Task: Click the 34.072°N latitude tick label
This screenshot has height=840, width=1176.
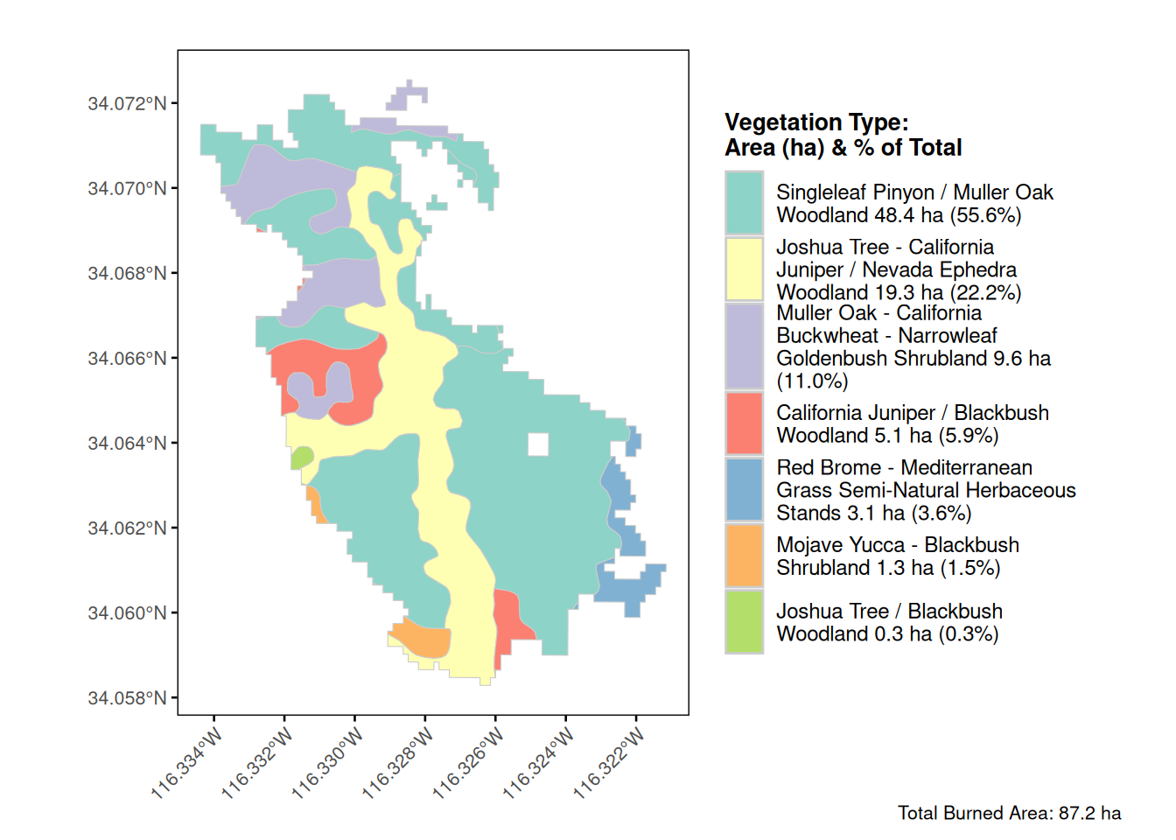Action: [x=127, y=103]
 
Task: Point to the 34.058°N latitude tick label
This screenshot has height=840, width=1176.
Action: [x=127, y=697]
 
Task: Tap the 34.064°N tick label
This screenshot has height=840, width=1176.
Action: [x=127, y=443]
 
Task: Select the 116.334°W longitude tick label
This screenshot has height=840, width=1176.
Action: [x=186, y=763]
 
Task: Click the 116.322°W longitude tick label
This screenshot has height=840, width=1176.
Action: [x=609, y=763]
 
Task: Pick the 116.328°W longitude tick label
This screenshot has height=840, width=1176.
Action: [x=397, y=763]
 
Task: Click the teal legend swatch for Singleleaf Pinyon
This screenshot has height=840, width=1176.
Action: [x=744, y=203]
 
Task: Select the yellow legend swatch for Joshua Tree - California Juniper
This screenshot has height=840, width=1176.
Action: [x=744, y=269]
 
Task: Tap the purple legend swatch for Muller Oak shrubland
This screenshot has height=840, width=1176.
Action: [x=744, y=346]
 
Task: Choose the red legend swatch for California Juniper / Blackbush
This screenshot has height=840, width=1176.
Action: [x=744, y=423]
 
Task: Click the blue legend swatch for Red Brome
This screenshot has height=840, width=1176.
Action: [x=744, y=490]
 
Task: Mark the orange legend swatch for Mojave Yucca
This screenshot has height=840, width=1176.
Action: [x=744, y=556]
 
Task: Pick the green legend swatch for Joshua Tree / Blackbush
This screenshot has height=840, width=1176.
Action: [x=744, y=622]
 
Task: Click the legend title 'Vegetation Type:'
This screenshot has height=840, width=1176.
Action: [x=816, y=122]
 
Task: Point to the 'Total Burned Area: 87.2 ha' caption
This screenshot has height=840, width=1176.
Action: [x=1009, y=813]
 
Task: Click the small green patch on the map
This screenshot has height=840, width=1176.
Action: [x=302, y=457]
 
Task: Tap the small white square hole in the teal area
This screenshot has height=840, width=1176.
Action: [x=538, y=444]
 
